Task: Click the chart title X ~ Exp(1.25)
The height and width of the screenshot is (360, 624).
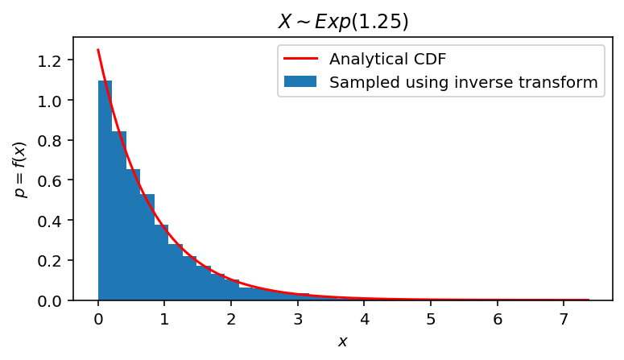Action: (343, 22)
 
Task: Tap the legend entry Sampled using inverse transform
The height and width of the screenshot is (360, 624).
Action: (463, 81)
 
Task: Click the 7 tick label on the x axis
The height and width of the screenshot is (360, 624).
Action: (564, 317)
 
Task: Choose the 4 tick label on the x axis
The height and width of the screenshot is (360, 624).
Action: (365, 317)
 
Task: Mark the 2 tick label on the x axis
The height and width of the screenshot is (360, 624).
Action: (231, 317)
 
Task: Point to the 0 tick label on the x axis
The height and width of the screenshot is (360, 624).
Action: (98, 317)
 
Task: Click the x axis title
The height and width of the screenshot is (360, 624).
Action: (343, 341)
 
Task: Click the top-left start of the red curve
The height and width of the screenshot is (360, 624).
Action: (98, 50)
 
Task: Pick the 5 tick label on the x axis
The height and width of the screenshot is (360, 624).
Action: (431, 317)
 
